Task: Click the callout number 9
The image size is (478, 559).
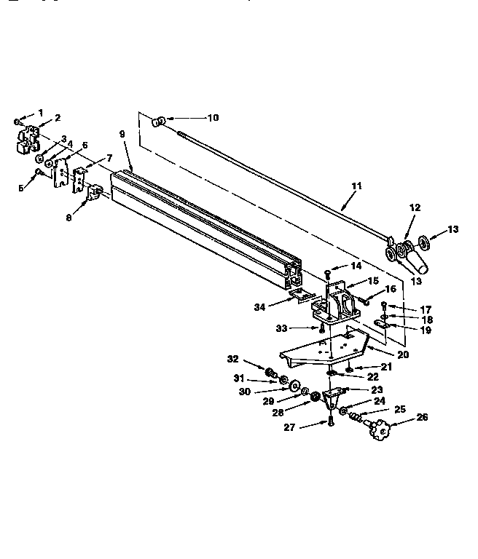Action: click(122, 134)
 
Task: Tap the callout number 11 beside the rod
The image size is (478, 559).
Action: click(356, 186)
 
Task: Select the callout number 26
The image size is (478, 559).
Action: click(422, 417)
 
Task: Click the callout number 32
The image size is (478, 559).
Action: click(233, 358)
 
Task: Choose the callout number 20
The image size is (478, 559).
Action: click(402, 354)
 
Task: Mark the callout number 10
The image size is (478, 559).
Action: click(213, 117)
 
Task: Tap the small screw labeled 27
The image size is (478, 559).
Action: click(330, 421)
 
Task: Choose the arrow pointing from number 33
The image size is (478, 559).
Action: click(307, 328)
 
